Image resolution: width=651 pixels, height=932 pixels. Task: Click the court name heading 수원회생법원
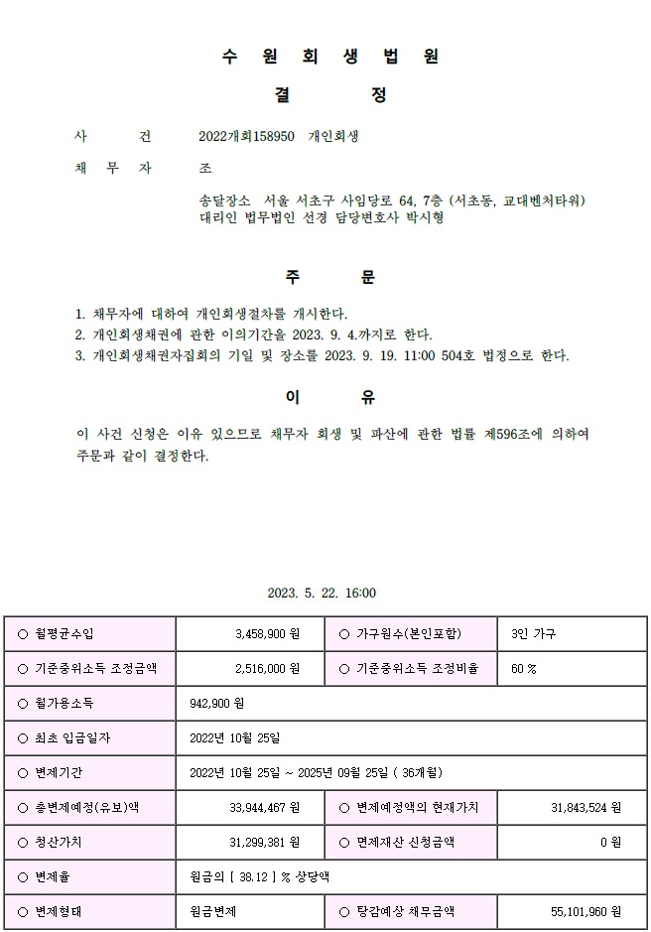pyautogui.click(x=330, y=57)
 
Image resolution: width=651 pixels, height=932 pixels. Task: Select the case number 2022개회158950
pyautogui.click(x=246, y=136)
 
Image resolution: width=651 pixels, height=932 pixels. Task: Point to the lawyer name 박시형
pyautogui.click(x=424, y=217)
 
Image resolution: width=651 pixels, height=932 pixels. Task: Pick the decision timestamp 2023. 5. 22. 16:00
pyautogui.click(x=322, y=594)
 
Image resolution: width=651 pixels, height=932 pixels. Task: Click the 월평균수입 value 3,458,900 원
pyautogui.click(x=267, y=633)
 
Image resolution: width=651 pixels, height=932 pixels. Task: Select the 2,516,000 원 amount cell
pyautogui.click(x=267, y=668)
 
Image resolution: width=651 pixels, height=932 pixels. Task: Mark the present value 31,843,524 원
pyautogui.click(x=586, y=808)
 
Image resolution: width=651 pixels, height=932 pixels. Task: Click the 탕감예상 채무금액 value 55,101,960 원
pyautogui.click(x=586, y=911)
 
